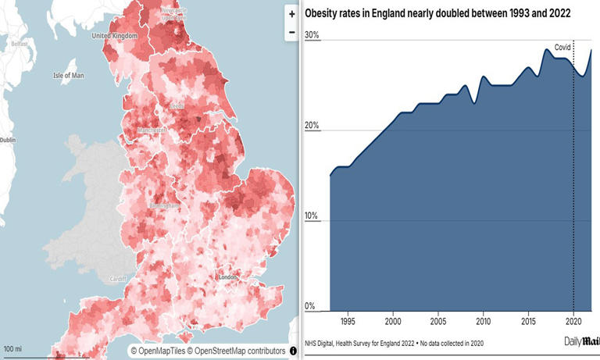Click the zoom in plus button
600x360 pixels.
point(291,13)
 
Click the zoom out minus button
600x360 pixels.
point(291,32)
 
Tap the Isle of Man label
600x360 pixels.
point(68,76)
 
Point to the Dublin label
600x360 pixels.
point(8,140)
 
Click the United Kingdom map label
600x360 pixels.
point(114,36)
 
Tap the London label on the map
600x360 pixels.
point(228,277)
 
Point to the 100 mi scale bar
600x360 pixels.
point(12,348)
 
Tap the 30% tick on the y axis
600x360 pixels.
point(312,35)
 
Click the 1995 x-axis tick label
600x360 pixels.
point(348,320)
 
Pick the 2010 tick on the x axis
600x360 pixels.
point(483,320)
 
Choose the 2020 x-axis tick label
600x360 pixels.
point(573,320)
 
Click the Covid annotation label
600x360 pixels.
point(562,48)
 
